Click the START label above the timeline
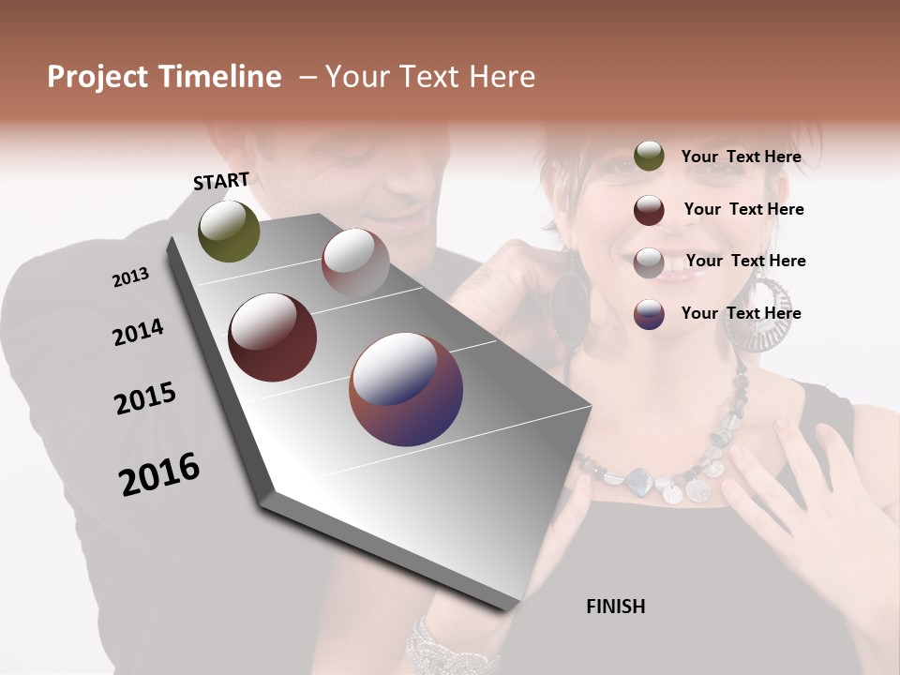[x=221, y=181]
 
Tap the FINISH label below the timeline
[x=616, y=607]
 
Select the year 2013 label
[x=130, y=277]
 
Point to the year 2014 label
[x=138, y=333]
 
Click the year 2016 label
[x=159, y=474]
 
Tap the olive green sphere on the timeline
[x=229, y=231]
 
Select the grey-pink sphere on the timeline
[x=355, y=262]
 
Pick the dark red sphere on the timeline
[x=272, y=337]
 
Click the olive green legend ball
[x=649, y=156]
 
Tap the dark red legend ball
[x=649, y=209]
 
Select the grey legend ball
[x=649, y=262]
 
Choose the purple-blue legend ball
[x=649, y=313]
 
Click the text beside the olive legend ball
[x=742, y=157]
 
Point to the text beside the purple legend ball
[x=742, y=313]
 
